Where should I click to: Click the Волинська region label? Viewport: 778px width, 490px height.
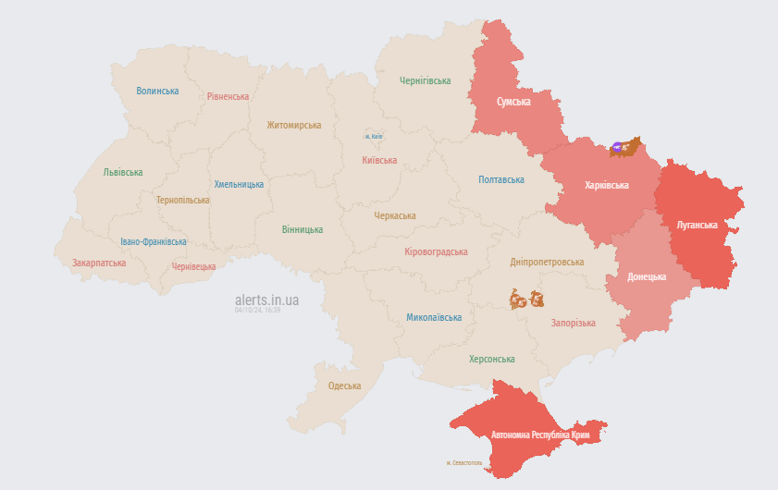[157, 91]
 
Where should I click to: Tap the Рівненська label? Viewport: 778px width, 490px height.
[228, 96]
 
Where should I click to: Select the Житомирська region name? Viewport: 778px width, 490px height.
[293, 125]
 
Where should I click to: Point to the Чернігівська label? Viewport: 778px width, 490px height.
[426, 81]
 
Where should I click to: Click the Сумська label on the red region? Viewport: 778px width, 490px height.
[513, 102]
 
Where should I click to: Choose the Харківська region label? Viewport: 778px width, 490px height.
[607, 185]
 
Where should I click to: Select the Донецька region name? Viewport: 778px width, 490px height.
[647, 276]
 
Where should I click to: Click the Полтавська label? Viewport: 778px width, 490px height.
[501, 179]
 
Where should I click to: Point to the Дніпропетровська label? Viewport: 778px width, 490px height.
[547, 262]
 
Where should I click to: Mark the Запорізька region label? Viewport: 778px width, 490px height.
[573, 323]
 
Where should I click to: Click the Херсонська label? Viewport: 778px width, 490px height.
[492, 359]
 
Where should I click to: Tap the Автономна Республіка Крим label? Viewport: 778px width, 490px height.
[540, 434]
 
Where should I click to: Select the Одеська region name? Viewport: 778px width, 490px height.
[344, 386]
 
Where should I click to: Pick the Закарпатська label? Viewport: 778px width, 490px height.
[99, 263]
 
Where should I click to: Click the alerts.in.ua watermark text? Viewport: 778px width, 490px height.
[266, 300]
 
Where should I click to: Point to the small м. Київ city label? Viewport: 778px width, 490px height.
[374, 137]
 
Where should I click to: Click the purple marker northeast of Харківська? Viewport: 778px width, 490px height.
[617, 146]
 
